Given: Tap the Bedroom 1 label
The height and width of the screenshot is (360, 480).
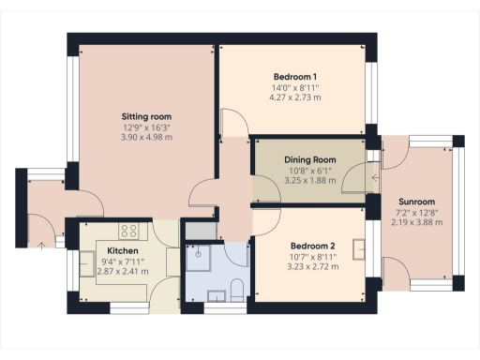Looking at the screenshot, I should [294, 76].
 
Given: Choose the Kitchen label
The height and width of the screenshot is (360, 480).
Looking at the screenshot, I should [124, 251].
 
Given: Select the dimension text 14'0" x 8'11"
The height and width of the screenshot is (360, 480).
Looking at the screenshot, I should [294, 86].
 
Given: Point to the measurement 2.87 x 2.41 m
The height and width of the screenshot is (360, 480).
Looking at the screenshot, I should [124, 273].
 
